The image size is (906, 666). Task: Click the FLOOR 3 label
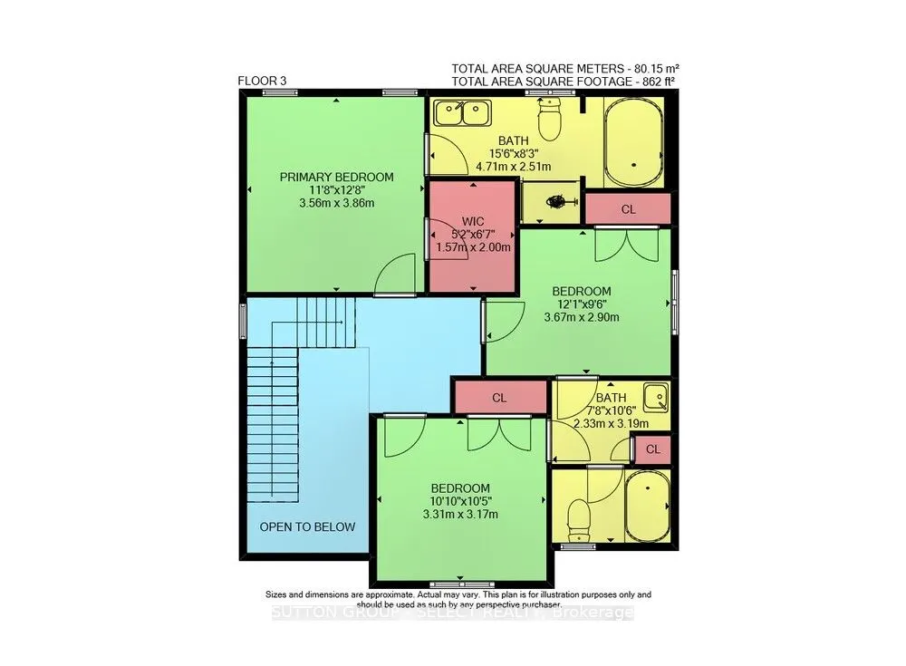coord(262,81)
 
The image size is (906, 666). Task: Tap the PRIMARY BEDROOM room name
coord(336,177)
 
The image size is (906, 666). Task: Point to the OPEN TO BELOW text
coord(308,527)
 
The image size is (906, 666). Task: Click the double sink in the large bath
coord(462,113)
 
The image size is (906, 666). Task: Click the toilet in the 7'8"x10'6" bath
coord(578,518)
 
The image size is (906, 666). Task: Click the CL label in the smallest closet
coord(654,449)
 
